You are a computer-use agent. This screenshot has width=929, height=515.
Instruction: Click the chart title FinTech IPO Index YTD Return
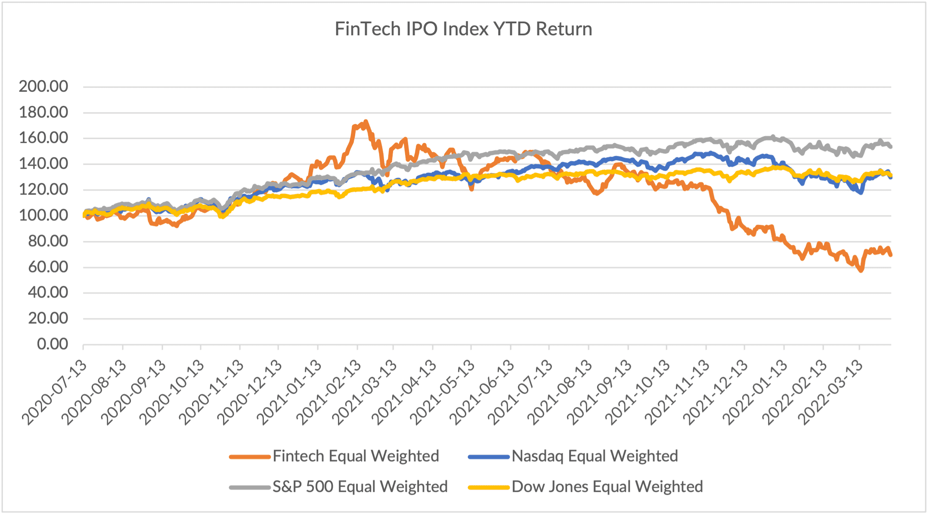tap(463, 29)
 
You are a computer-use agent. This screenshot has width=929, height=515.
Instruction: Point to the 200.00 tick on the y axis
tap(43, 87)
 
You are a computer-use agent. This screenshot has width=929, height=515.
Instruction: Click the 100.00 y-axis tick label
tap(43, 215)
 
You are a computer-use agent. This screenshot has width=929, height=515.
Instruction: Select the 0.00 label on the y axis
tap(53, 344)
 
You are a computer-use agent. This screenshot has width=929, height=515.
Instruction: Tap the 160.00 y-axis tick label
tap(43, 138)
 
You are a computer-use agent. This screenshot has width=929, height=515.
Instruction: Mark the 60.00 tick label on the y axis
tap(48, 267)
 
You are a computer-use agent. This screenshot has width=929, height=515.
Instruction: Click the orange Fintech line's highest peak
tap(365, 122)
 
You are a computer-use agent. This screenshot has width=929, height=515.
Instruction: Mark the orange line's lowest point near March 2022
tap(861, 270)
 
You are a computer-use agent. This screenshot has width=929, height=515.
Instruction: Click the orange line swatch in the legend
tap(250, 456)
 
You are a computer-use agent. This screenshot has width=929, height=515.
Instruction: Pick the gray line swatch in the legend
tap(250, 487)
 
